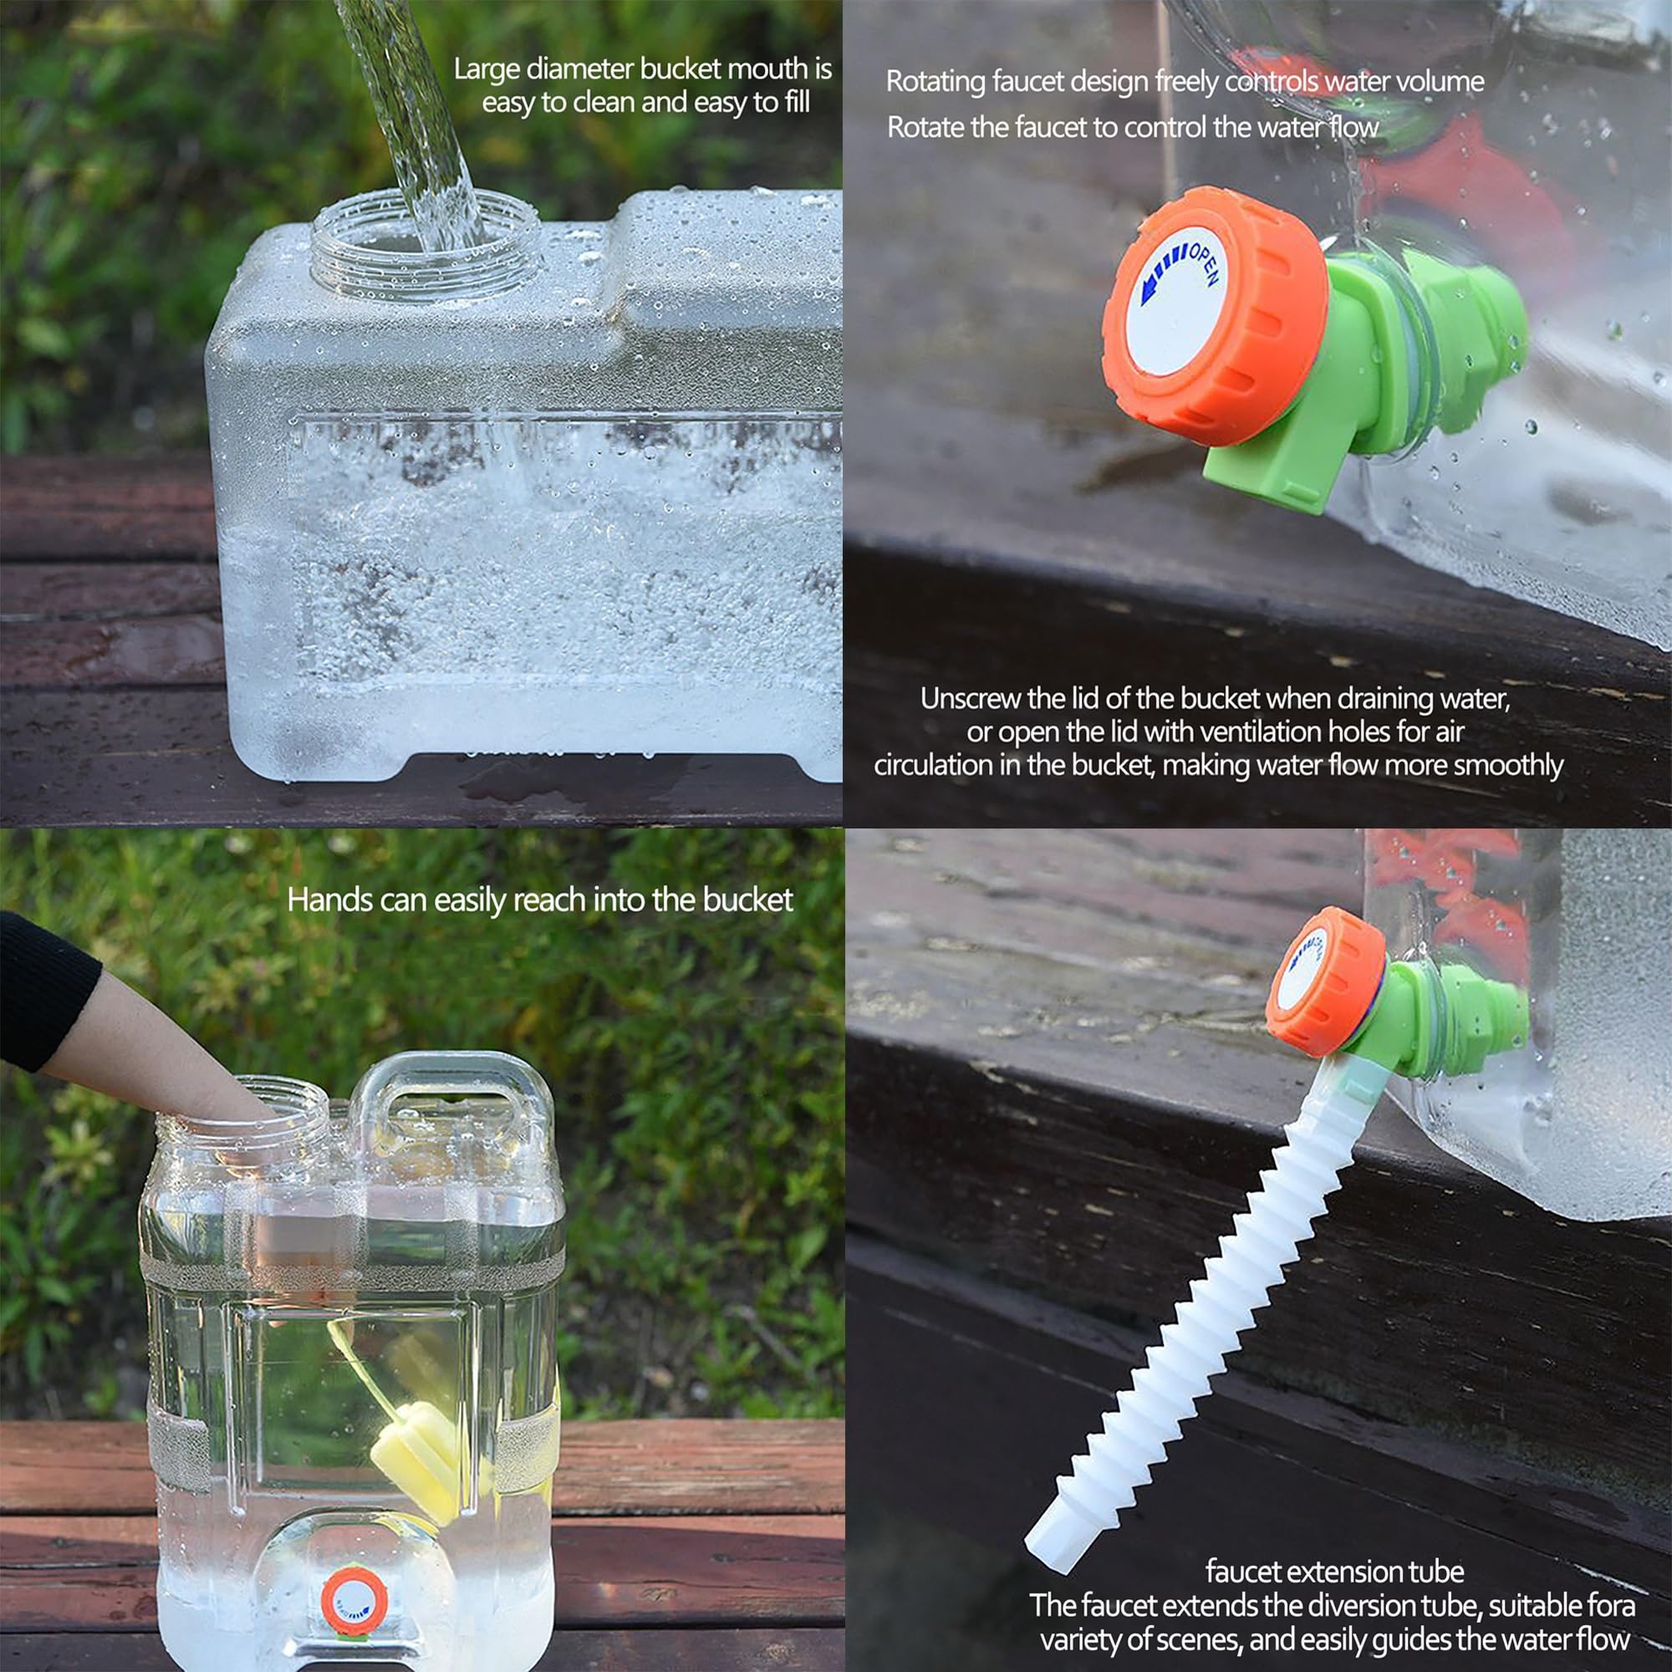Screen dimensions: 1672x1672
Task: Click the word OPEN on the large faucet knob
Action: [x=1204, y=264]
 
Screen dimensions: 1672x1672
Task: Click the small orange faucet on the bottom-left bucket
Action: [x=354, y=1601]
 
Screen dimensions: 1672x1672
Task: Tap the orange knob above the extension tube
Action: [x=1325, y=982]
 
